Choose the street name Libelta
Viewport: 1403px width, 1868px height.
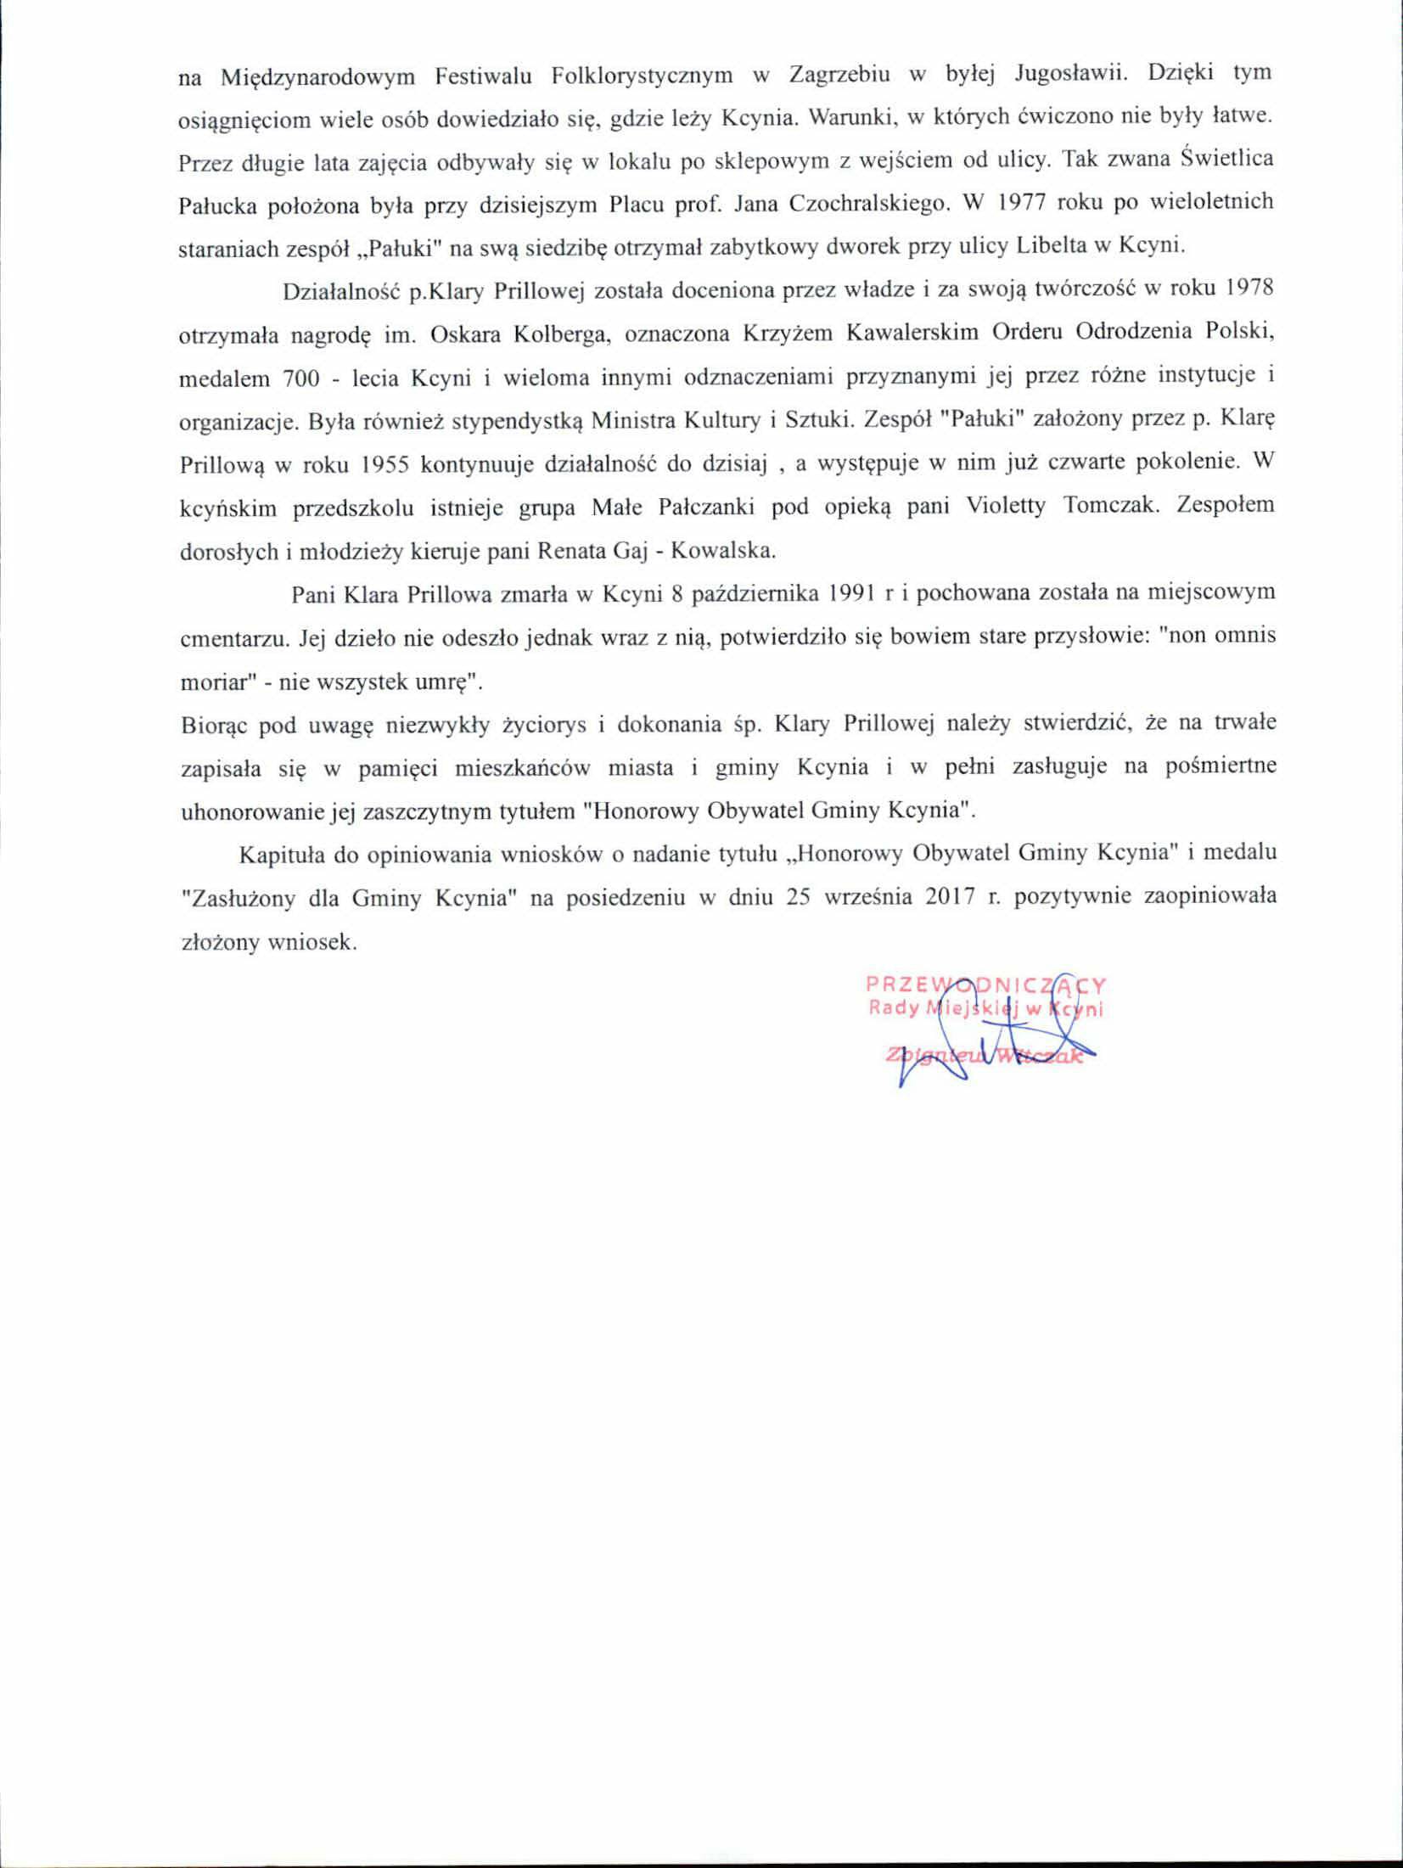pos(1063,247)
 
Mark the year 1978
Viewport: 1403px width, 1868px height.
pos(1250,290)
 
